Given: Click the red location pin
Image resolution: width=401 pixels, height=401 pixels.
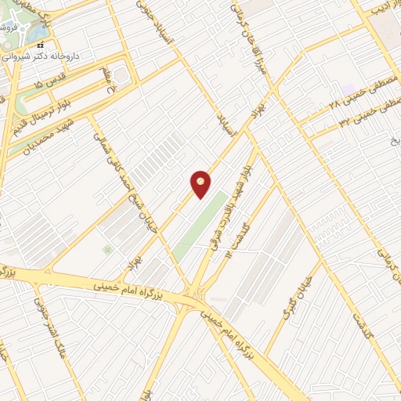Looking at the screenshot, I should (x=201, y=183).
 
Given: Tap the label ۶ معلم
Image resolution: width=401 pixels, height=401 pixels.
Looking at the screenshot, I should (x=107, y=80).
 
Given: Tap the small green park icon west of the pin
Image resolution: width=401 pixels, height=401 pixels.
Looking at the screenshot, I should (x=107, y=249).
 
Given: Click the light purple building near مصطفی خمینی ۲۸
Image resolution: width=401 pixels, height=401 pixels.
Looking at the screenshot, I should (x=348, y=89).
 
